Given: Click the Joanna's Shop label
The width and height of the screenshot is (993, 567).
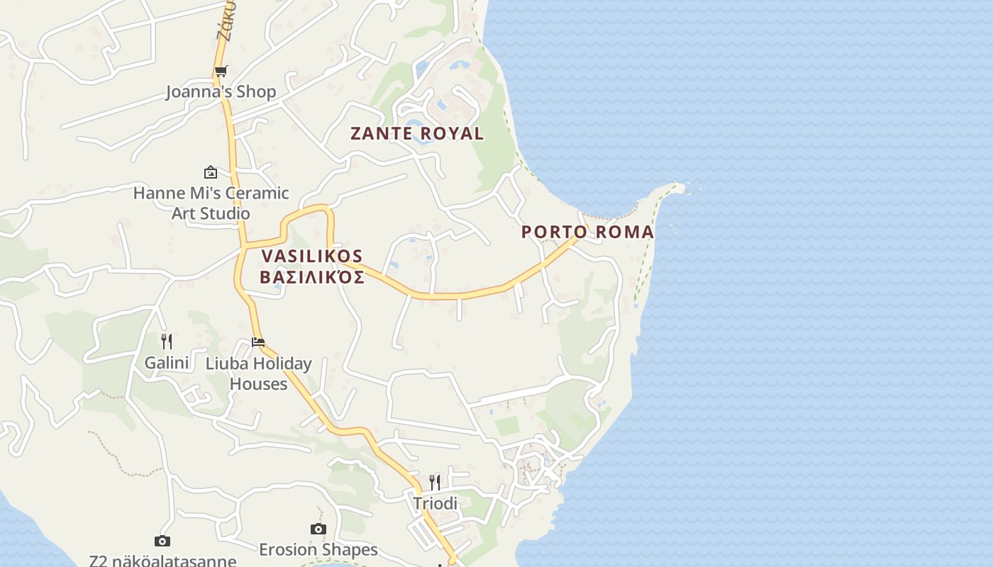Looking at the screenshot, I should click(x=221, y=92).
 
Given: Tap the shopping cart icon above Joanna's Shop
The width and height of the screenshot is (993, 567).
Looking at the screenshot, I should click(x=221, y=72).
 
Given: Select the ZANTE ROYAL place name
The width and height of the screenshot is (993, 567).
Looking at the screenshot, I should click(x=417, y=133).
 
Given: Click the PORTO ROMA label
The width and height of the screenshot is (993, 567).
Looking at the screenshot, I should click(x=587, y=232).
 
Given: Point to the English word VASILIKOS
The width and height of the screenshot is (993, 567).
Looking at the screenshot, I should click(x=312, y=256).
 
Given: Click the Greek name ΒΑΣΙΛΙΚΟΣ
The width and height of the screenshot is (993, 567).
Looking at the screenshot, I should click(x=312, y=277).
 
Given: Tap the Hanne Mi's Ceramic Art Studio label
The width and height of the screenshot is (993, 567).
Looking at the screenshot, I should click(x=211, y=203).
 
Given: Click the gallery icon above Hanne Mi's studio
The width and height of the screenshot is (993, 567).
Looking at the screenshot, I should click(x=211, y=172).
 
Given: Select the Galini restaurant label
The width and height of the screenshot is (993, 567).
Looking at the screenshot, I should click(x=167, y=364).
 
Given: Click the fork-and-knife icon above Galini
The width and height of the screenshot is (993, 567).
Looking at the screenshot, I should click(x=167, y=342).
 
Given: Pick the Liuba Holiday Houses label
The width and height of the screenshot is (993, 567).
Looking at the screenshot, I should click(x=258, y=374).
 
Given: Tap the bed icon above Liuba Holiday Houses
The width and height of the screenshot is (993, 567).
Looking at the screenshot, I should click(x=258, y=342).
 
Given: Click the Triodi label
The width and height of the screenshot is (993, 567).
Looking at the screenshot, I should click(x=436, y=504).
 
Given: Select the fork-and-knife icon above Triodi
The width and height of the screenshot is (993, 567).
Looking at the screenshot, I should click(x=435, y=483).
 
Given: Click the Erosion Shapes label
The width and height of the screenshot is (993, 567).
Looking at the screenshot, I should click(x=318, y=550).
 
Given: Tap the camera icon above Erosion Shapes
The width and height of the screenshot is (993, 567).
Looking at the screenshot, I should click(x=318, y=529).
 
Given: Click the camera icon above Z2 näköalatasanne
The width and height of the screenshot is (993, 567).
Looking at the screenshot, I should click(x=162, y=541).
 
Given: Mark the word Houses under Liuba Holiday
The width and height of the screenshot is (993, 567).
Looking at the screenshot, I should click(x=258, y=384).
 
